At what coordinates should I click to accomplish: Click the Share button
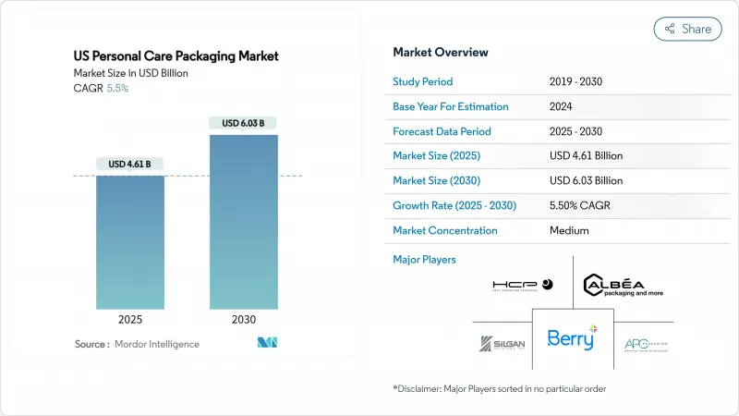688,29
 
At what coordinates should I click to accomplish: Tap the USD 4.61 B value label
130,165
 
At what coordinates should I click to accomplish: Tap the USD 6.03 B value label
243,123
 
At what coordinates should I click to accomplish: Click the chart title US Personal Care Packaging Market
176,56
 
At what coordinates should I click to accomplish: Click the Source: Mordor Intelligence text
137,344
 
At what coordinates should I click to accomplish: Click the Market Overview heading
441,52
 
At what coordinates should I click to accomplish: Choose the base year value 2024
560,106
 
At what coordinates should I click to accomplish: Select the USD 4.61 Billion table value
586,156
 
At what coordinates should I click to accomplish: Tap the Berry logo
572,338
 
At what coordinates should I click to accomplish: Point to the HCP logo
522,286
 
